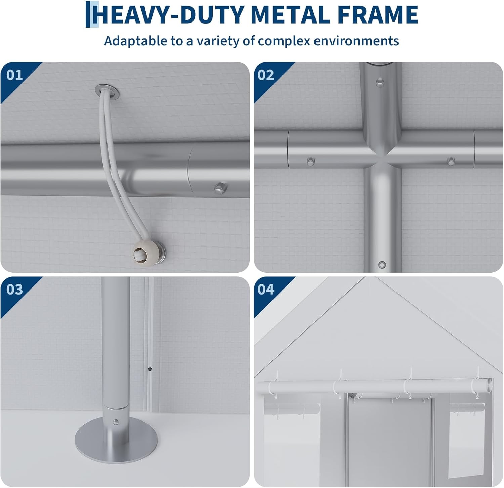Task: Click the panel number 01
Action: coord(14,75)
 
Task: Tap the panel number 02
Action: coord(266,75)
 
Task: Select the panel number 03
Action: coord(14,289)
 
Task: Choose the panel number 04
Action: coord(266,289)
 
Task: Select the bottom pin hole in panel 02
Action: coord(382,265)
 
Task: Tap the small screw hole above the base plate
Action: coord(116,421)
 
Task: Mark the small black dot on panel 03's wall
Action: coord(150,369)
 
